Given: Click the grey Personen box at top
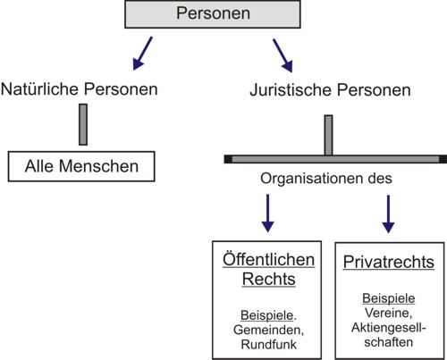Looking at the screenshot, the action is [x=213, y=14].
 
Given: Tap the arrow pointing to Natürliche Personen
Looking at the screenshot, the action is [x=142, y=54].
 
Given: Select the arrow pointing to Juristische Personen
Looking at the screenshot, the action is [x=283, y=55].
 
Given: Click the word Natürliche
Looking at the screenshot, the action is [x=40, y=89].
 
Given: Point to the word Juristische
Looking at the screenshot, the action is [x=291, y=90].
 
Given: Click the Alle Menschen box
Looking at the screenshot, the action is [x=81, y=166].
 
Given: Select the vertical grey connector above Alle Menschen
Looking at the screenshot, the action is [x=83, y=124].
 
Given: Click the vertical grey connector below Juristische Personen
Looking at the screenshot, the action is [x=328, y=135].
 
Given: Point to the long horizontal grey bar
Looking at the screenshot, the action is [x=335, y=159].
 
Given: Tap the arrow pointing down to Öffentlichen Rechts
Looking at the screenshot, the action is [x=267, y=213].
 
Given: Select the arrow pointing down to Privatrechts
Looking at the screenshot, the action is [x=388, y=214].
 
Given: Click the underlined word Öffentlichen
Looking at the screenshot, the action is [x=268, y=260].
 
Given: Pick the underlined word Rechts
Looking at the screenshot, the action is [x=268, y=279].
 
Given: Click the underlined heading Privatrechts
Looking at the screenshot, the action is [x=389, y=262].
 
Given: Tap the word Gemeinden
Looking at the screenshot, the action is [x=268, y=330].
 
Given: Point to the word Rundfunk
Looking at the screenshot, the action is [x=268, y=345].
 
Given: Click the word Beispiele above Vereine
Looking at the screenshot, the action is [x=389, y=298].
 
